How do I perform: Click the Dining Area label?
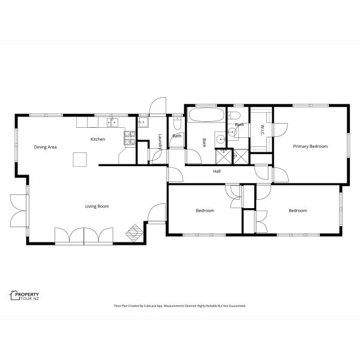pos(45,147)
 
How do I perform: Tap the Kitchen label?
pos(98,139)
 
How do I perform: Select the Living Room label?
pos(97,206)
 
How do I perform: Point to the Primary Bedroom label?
pos(310,146)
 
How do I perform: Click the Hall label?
pos(217,171)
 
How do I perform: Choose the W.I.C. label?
pos(263,130)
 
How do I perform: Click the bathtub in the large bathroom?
pos(206,115)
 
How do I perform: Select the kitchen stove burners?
pos(130,138)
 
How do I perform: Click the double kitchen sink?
pos(113,122)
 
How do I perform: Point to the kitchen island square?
pos(80,160)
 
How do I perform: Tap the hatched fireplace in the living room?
pos(134,233)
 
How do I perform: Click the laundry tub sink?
pos(143,122)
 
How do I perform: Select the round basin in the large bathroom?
pos(221,139)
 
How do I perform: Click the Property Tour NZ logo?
pos(25,295)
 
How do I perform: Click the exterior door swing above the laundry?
pos(157,106)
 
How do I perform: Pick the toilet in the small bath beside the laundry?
pos(177,123)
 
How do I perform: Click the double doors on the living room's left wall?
pos(19,211)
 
